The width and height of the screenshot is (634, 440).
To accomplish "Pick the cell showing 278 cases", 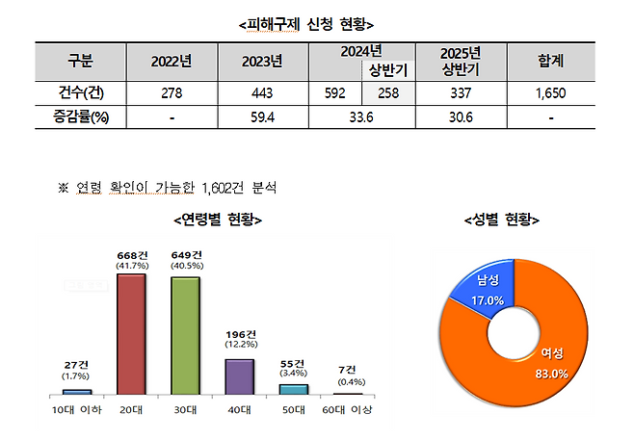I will tap(172, 93).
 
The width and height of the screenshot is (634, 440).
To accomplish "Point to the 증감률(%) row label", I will tap(74, 117).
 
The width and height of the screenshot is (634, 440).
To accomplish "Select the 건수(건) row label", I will tap(74, 93).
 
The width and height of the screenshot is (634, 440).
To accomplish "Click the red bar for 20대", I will tap(131, 334).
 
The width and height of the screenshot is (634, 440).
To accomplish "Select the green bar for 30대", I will tap(185, 336).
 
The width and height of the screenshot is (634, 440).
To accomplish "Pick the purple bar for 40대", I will tap(239, 376).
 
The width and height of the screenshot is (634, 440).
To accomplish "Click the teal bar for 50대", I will tap(294, 389).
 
